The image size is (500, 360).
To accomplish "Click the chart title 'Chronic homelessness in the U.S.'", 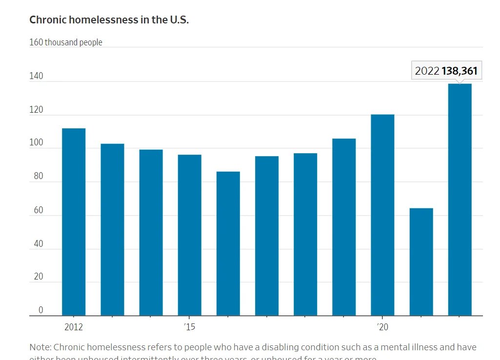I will (x=109, y=20).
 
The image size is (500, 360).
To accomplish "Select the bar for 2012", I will (x=74, y=222).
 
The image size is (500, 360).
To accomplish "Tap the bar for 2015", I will (x=189, y=235).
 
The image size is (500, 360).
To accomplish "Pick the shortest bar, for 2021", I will (x=421, y=262).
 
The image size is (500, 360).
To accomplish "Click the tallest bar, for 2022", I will (x=460, y=200).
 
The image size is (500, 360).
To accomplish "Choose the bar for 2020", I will (x=382, y=215).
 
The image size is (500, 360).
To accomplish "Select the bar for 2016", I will (x=228, y=243).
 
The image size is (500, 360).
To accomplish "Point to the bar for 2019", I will (x=344, y=227).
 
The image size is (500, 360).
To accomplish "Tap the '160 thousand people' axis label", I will (x=66, y=42).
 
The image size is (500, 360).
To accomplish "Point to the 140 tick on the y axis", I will (x=36, y=77).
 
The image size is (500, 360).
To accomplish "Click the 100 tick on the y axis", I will (x=36, y=144).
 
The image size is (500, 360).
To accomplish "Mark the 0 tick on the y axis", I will (x=41, y=310).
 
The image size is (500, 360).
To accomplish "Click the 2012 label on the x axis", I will (x=74, y=327).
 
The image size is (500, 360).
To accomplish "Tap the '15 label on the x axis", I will (x=189, y=327).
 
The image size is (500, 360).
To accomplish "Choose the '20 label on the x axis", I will (x=382, y=327).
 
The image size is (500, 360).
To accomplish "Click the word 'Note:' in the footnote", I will (x=40, y=347).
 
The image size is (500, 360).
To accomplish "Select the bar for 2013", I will (x=112, y=230).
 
